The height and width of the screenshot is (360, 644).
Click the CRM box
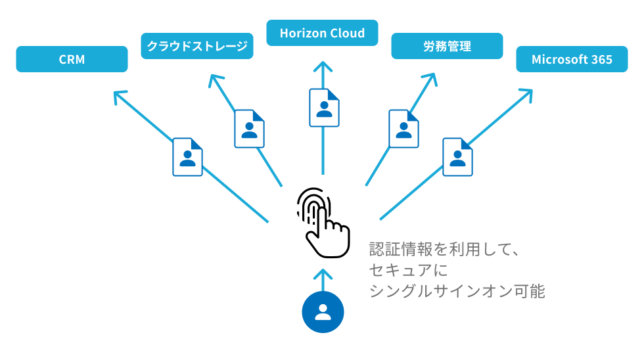pos(72,59)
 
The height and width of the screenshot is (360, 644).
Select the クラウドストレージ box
pos(197,46)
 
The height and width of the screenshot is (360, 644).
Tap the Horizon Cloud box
pos(322,33)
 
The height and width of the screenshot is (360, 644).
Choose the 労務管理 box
pos(447,46)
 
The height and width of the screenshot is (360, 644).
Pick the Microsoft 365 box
pos(572,59)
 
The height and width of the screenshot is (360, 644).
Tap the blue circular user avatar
pos(323,312)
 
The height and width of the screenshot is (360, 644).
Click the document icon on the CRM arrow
pos(188,157)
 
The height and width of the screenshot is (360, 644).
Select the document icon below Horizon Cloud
pos(324,108)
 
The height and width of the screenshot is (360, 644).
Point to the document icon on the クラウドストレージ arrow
pos(249,129)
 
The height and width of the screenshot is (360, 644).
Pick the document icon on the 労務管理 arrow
pos(403,129)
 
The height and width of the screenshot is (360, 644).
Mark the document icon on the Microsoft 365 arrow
pos(457,157)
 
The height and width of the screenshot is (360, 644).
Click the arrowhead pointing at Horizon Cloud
pos(323,66)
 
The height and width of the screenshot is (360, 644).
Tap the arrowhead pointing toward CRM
pos(120,97)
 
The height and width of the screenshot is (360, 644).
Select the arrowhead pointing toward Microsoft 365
pos(526,95)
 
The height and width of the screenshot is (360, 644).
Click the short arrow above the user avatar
pos(323,280)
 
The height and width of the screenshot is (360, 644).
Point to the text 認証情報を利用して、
pos(444,249)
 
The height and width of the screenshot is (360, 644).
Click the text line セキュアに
pos(408,270)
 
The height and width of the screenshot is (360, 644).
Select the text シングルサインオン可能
pos(457,291)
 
